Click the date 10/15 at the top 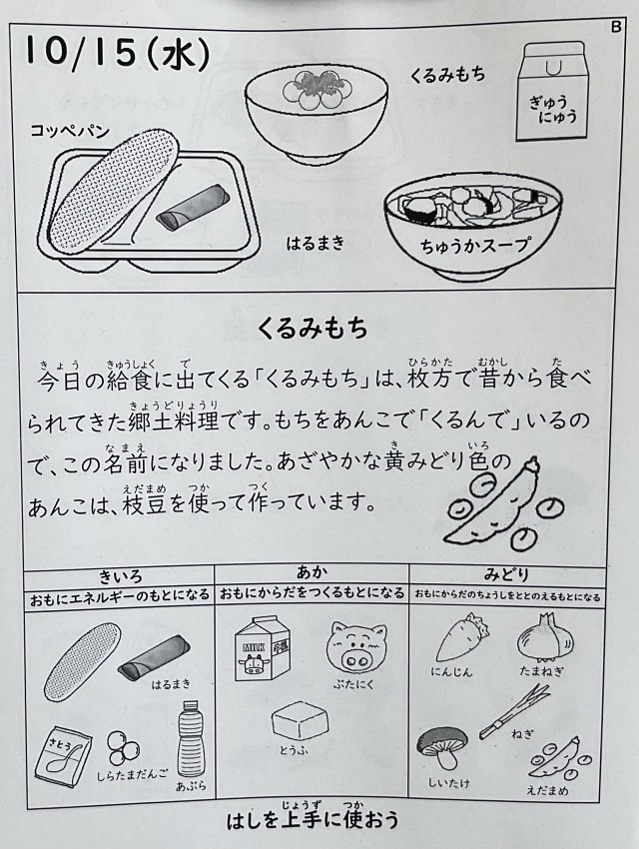(x=80, y=52)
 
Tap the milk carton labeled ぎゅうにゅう (x=551, y=92)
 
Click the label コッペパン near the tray (x=70, y=131)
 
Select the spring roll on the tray (x=190, y=208)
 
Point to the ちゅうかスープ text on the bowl (x=474, y=247)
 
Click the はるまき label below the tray (x=316, y=243)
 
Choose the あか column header (x=313, y=573)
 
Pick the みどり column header (x=506, y=575)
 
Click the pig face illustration (x=356, y=646)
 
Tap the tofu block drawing (x=300, y=720)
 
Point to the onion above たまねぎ (x=544, y=637)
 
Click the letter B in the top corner (x=616, y=27)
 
